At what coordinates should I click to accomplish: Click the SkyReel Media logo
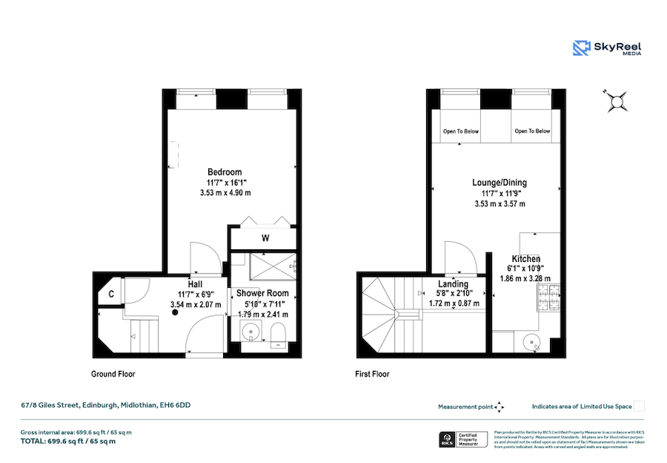point(608,48)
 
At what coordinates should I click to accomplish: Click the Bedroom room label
point(225,172)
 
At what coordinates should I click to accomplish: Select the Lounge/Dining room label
point(500,182)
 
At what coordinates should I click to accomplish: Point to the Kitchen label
point(526,258)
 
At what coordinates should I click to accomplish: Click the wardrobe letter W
point(265,238)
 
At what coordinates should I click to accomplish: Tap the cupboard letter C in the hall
point(111,294)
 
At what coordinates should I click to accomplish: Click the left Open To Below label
point(461,131)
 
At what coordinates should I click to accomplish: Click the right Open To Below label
point(532,131)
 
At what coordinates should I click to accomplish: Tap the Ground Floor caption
point(113,374)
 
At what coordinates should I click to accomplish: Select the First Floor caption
point(372,374)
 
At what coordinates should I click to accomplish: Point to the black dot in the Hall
point(176,313)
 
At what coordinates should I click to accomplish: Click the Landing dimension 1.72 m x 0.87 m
point(454,303)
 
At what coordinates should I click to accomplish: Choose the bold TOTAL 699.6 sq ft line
point(68,441)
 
